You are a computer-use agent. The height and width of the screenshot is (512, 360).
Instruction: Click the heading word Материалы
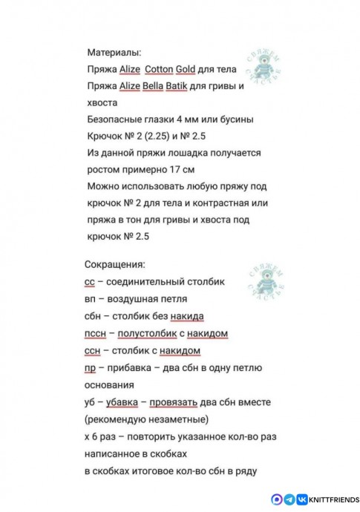(114, 53)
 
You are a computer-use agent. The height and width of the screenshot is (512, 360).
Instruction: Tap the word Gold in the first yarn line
(186, 70)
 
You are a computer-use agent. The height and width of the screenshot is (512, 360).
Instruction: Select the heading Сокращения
(115, 265)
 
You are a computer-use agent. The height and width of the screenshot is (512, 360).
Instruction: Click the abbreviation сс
(90, 283)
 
